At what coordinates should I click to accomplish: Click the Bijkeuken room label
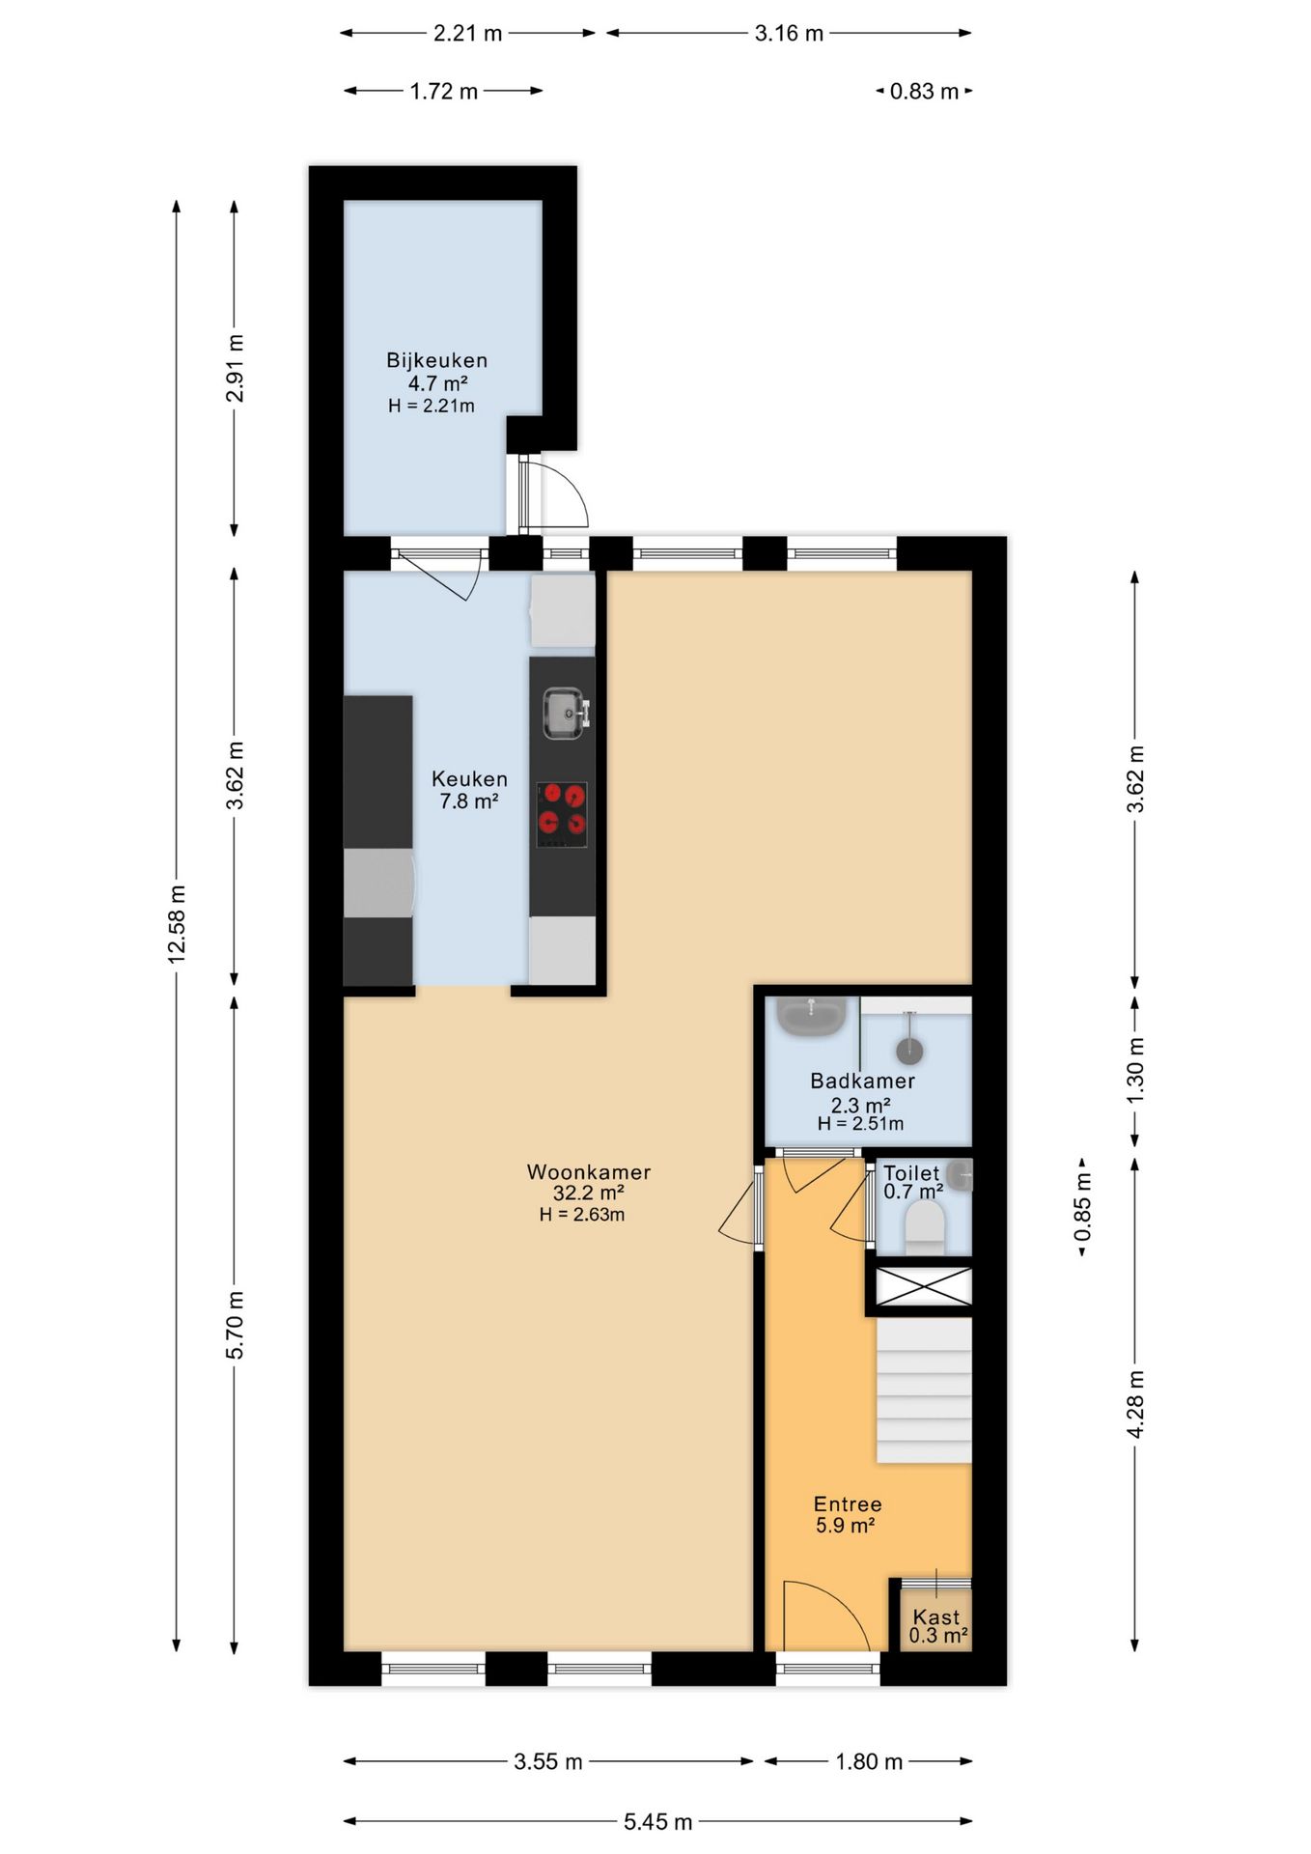[436, 360]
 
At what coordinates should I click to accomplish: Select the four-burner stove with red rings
[562, 814]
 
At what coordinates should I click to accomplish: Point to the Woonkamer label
[589, 1172]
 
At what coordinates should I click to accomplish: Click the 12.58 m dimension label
[177, 924]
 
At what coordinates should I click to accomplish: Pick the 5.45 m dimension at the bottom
[657, 1822]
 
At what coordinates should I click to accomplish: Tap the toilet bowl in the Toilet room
[924, 1232]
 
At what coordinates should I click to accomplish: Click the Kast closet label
[936, 1616]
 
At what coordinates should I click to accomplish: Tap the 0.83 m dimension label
[924, 92]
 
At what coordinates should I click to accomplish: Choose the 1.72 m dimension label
[444, 92]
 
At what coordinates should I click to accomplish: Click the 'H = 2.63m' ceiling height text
[582, 1215]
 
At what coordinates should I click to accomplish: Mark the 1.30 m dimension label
[1136, 1071]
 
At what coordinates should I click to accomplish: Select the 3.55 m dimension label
[548, 1762]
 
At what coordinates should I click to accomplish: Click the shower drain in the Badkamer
[909, 1050]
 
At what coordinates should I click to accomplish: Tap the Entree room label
[848, 1504]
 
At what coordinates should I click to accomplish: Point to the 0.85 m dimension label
[1082, 1207]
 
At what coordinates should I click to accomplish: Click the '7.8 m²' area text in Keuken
[469, 801]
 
